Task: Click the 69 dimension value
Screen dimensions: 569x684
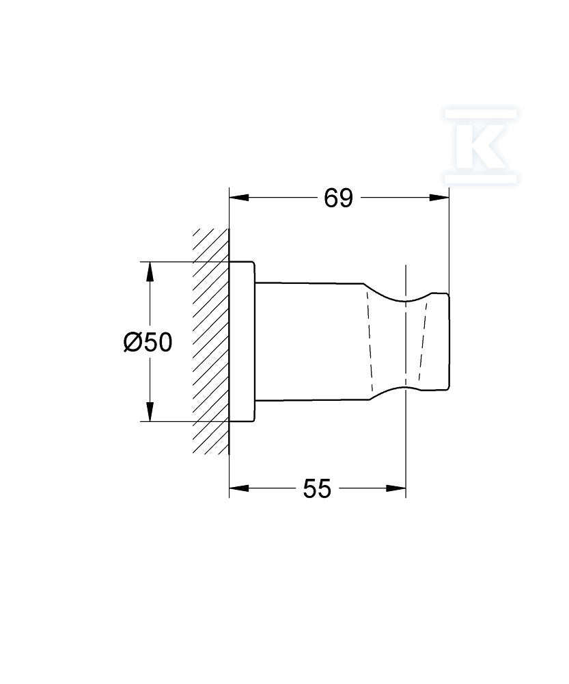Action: coord(338,198)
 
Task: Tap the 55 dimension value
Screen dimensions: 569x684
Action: coord(317,488)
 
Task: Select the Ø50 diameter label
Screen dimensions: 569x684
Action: coord(148,342)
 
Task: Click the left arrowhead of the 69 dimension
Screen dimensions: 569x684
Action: coord(239,198)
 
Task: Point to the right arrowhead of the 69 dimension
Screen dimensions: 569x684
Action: coord(439,198)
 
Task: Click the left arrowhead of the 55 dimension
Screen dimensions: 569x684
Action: coord(239,488)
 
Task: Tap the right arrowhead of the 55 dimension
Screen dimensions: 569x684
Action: coord(396,488)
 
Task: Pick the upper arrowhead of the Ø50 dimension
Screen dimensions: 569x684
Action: coord(150,272)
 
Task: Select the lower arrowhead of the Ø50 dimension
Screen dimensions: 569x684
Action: coord(150,412)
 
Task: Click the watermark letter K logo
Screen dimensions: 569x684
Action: coord(481,146)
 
